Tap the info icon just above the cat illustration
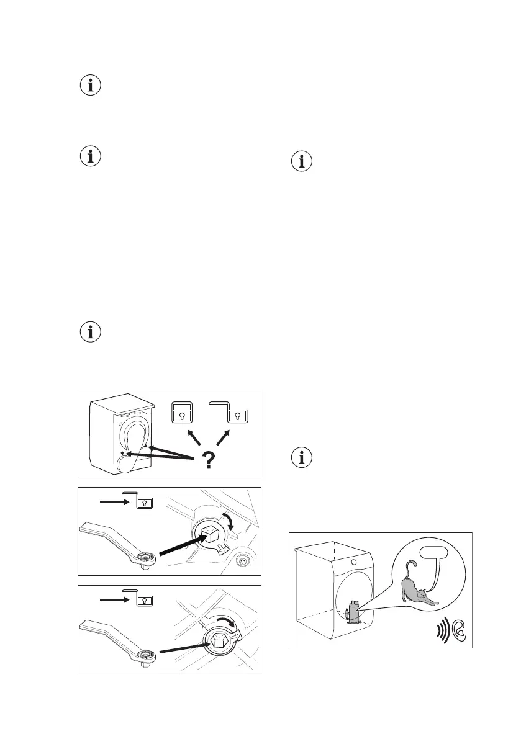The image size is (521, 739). pos(302,459)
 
